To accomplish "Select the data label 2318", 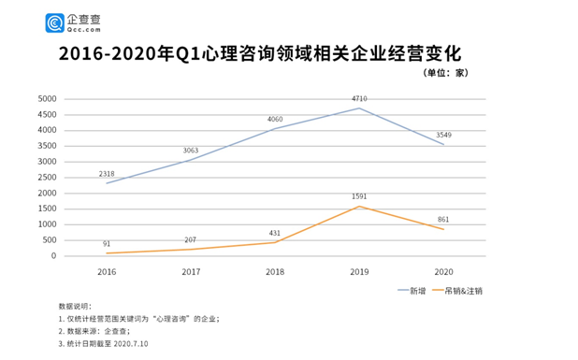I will (108, 173).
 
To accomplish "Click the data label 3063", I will (191, 150).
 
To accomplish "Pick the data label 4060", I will (275, 119).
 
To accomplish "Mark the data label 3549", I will (442, 135).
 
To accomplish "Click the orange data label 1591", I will (359, 196).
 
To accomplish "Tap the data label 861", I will (442, 219).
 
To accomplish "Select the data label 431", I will (275, 233).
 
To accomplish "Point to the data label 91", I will (107, 244).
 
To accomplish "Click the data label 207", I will (191, 239).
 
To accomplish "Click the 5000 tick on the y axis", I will (46, 99).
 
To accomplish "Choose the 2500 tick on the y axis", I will (46, 178).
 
